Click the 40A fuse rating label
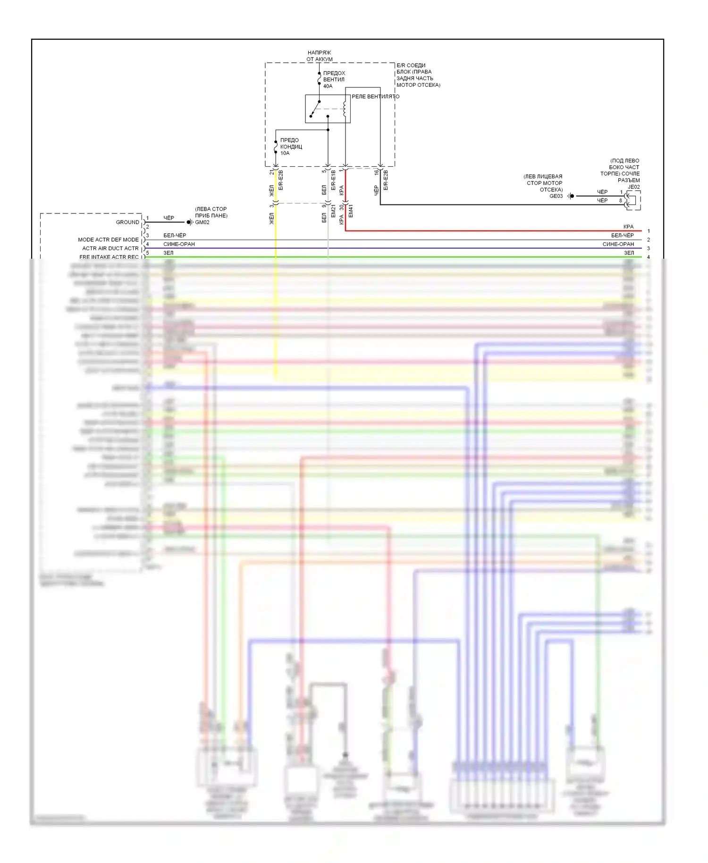(x=328, y=86)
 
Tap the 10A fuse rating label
(x=285, y=153)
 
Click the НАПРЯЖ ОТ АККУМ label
(x=320, y=56)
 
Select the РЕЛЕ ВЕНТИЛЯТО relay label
(x=375, y=96)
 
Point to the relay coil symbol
(x=345, y=109)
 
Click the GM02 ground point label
(x=202, y=222)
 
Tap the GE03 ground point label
(x=556, y=196)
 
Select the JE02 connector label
(x=633, y=187)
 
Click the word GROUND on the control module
(x=127, y=222)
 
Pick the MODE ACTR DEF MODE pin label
(x=108, y=239)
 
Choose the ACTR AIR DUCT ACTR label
(x=110, y=248)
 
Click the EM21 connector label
(x=333, y=211)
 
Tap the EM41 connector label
(x=351, y=211)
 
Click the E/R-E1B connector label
(x=333, y=180)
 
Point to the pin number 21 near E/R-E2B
(x=272, y=172)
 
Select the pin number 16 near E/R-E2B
(x=377, y=173)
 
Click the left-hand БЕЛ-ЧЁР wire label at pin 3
(x=175, y=235)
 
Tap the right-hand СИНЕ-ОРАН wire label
(x=618, y=244)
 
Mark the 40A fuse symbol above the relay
(x=320, y=79)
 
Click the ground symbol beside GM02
(x=190, y=222)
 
